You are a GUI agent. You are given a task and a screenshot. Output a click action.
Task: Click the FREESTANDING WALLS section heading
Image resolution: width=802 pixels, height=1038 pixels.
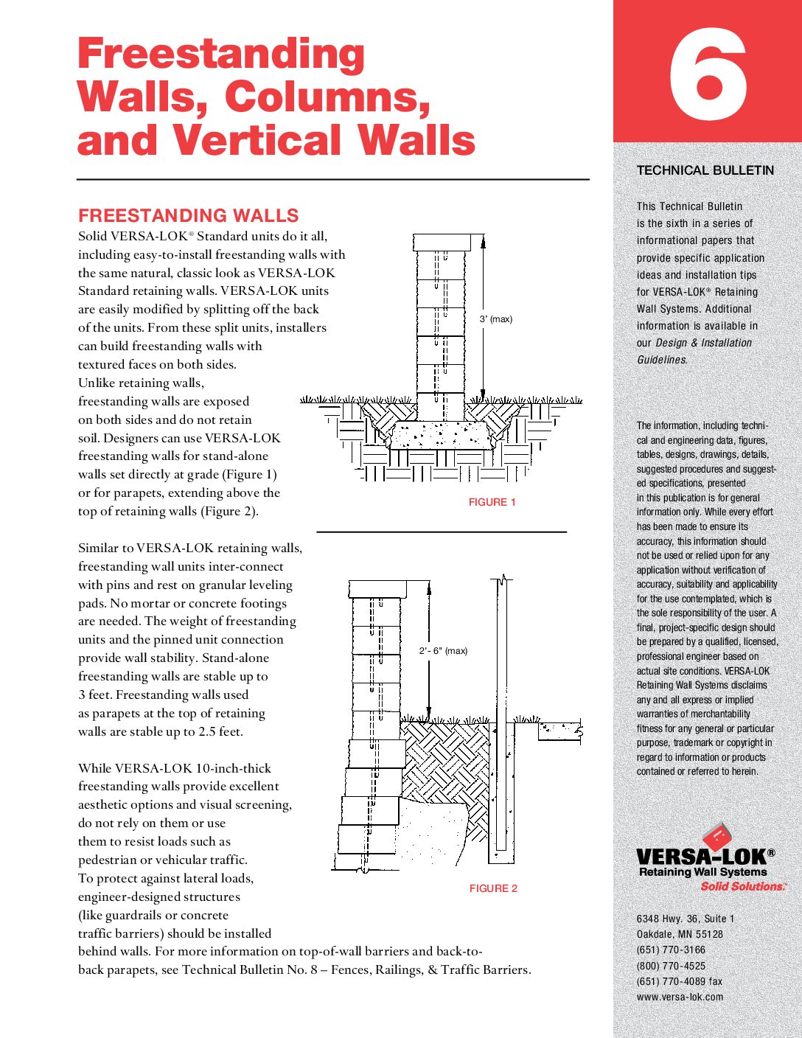tap(189, 215)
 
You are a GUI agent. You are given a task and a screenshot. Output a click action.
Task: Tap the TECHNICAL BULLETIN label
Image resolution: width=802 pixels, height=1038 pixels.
tap(705, 170)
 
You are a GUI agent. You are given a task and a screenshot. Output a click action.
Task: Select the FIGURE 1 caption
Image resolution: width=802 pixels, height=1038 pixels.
tap(492, 502)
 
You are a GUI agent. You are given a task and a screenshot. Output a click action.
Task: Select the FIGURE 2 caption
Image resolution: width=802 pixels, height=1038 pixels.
tap(493, 888)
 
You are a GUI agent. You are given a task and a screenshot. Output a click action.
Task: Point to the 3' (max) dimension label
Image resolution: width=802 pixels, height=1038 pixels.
tap(495, 319)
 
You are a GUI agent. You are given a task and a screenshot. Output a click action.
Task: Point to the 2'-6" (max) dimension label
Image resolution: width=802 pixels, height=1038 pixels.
tap(443, 651)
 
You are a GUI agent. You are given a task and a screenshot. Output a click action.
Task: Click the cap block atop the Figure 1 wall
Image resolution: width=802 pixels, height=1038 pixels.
tap(442, 243)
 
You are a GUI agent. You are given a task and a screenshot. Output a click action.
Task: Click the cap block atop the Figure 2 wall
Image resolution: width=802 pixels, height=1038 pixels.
tap(377, 588)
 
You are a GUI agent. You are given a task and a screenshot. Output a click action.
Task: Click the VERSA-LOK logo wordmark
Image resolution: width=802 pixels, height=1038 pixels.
tap(705, 857)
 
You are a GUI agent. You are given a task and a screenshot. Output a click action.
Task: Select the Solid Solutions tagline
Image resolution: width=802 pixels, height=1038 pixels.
tap(742, 886)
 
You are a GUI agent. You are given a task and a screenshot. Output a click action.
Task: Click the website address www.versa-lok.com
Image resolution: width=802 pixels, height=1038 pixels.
tap(680, 997)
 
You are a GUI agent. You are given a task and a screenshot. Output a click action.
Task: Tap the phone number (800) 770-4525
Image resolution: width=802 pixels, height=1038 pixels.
tap(671, 966)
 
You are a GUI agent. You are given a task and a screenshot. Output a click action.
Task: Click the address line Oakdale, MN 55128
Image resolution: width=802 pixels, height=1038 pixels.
tap(680, 934)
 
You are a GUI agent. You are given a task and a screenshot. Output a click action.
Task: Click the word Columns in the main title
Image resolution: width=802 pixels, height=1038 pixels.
tap(327, 97)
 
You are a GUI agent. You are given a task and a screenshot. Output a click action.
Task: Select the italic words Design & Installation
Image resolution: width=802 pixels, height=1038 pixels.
tap(703, 343)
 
